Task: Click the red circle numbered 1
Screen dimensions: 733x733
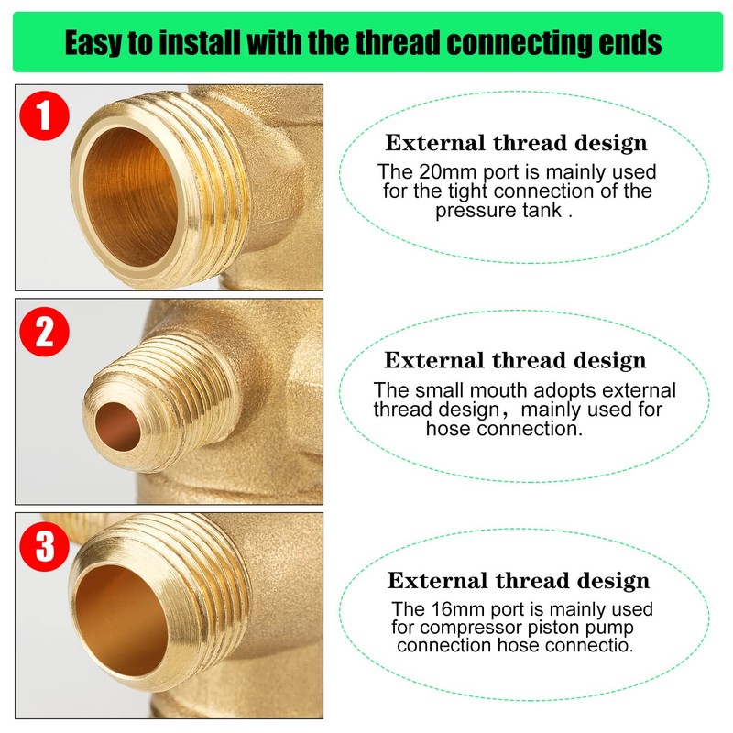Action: pos(44,117)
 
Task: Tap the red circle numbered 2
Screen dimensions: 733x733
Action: pos(44,334)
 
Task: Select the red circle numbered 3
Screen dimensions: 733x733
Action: pos(44,548)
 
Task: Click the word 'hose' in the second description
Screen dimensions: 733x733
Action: pos(447,428)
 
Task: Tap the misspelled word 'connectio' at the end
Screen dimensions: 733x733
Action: pos(590,646)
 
